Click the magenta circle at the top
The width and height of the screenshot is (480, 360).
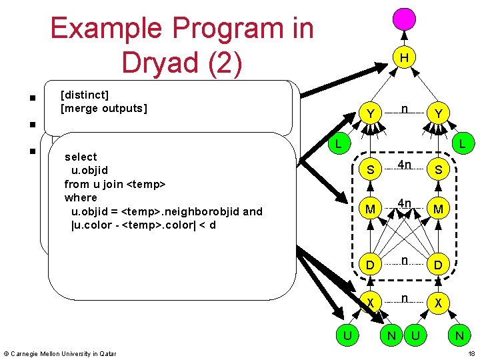(404, 17)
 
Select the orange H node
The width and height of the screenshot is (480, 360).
(404, 58)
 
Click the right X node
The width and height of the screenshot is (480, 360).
(438, 303)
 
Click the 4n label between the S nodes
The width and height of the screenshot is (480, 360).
(404, 164)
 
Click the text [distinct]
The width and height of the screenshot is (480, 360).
(84, 95)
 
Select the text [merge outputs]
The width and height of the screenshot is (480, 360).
(103, 108)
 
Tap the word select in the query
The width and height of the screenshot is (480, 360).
(81, 157)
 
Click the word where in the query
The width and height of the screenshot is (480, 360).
(81, 197)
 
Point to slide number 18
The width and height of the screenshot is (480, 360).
(471, 353)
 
